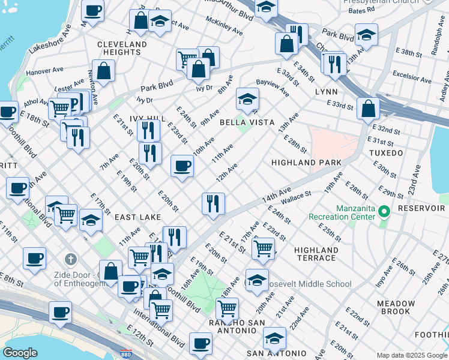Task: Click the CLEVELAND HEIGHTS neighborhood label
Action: point(122,49)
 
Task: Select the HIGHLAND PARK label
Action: point(306,163)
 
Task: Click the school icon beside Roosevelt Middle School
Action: point(257,280)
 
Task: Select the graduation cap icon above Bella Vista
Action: point(247,98)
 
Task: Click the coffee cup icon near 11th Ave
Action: point(182,166)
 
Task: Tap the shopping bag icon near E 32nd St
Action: point(367,109)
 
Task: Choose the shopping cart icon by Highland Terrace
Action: point(263,248)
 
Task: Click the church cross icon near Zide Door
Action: point(71,260)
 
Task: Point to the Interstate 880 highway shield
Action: point(126,355)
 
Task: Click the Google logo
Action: point(20,353)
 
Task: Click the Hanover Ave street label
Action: point(40,71)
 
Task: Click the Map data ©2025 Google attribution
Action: point(412,355)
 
